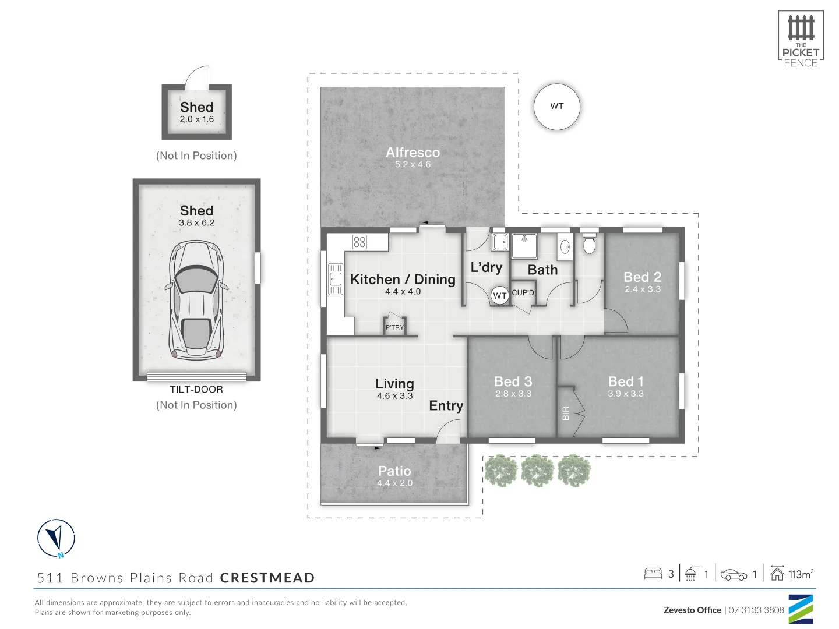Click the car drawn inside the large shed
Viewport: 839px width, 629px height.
point(196,300)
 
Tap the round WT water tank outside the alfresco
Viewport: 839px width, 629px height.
point(557,106)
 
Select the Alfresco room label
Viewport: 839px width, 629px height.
point(413,152)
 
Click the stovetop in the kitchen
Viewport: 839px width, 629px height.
point(359,242)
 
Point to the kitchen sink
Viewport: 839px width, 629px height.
point(336,279)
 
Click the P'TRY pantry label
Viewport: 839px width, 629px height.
point(394,327)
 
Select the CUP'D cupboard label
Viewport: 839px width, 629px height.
point(523,293)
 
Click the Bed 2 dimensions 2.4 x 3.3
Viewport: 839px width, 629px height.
point(643,289)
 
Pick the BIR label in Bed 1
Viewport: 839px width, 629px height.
point(565,413)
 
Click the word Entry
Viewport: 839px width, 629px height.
point(446,405)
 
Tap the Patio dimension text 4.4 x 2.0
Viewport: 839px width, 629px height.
point(394,483)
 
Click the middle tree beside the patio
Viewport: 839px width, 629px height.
point(537,471)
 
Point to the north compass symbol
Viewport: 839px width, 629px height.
point(57,538)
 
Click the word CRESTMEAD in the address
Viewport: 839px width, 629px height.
point(267,578)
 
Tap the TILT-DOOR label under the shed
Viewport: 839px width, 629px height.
point(196,390)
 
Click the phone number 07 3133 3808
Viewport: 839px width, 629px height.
point(756,610)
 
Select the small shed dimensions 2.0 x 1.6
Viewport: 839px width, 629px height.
point(196,119)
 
